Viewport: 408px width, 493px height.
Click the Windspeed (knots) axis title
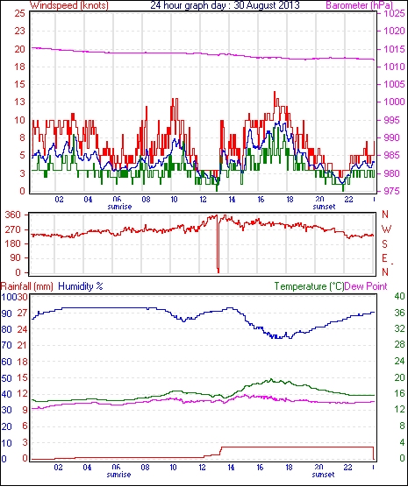tap(69, 5)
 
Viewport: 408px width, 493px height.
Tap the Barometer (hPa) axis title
tap(360, 5)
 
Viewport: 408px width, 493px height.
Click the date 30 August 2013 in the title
tap(267, 5)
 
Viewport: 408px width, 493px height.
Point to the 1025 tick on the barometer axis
tap(394, 13)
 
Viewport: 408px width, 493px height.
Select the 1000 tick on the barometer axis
tap(394, 102)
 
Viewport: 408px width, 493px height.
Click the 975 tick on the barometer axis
tap(391, 191)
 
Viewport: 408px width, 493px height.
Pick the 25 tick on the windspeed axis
tap(19, 13)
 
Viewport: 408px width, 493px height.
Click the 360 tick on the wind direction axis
tap(13, 215)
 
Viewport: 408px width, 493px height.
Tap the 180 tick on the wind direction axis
tap(13, 243)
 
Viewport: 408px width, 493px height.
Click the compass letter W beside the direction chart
tap(386, 229)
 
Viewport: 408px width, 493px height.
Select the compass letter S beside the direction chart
tap(384, 243)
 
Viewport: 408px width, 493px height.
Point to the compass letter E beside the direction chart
tap(384, 258)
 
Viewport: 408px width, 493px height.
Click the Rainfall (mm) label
tap(27, 286)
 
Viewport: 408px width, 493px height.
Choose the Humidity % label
tap(81, 286)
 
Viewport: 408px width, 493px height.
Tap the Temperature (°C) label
tap(309, 286)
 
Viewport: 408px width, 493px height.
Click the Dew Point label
tap(366, 286)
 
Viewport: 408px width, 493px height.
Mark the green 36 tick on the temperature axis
tap(399, 313)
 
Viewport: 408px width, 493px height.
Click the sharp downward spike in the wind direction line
tap(218, 243)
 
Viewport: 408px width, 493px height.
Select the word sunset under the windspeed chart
tap(324, 207)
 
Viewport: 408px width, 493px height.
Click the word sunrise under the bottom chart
tap(118, 475)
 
